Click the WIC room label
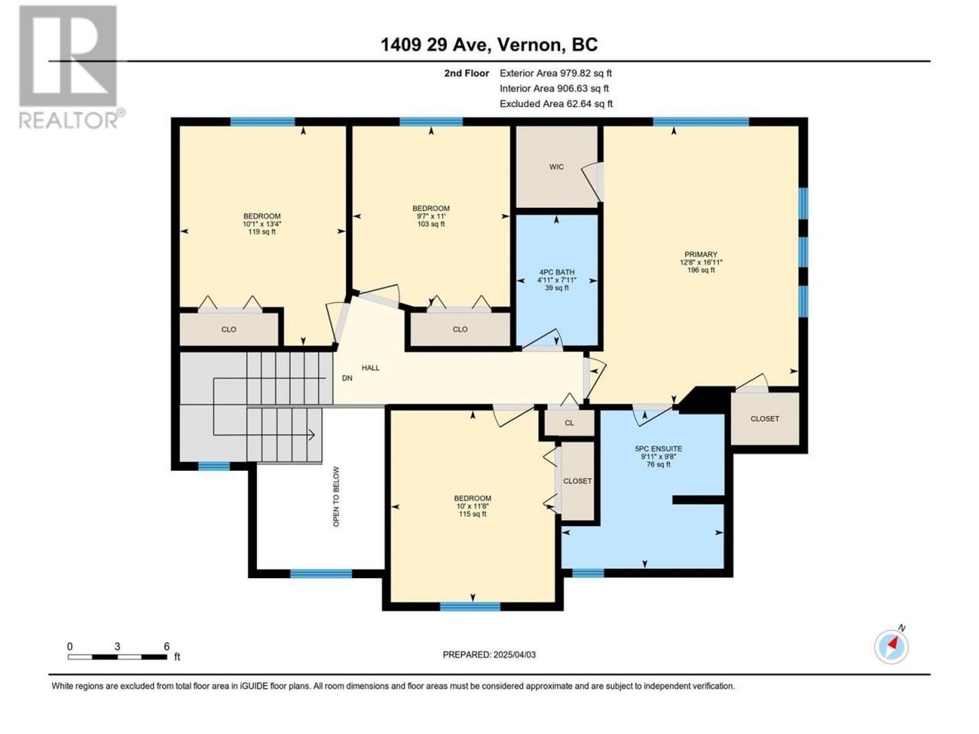pyautogui.click(x=556, y=167)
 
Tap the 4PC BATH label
pyautogui.click(x=557, y=272)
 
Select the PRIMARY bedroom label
pyautogui.click(x=701, y=255)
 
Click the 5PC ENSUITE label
pyautogui.click(x=659, y=449)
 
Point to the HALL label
pyautogui.click(x=371, y=368)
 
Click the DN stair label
pyautogui.click(x=347, y=378)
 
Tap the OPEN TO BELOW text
pyautogui.click(x=336, y=496)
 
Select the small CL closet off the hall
pyautogui.click(x=569, y=423)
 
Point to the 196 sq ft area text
pyautogui.click(x=701, y=270)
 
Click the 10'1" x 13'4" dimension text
pyautogui.click(x=262, y=224)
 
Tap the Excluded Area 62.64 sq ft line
pyautogui.click(x=556, y=104)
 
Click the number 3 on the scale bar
pyautogui.click(x=117, y=647)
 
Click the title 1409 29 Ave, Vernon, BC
pyautogui.click(x=489, y=44)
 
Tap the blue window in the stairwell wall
pyautogui.click(x=214, y=466)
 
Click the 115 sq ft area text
pyautogui.click(x=473, y=515)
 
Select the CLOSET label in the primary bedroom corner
pyautogui.click(x=765, y=418)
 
